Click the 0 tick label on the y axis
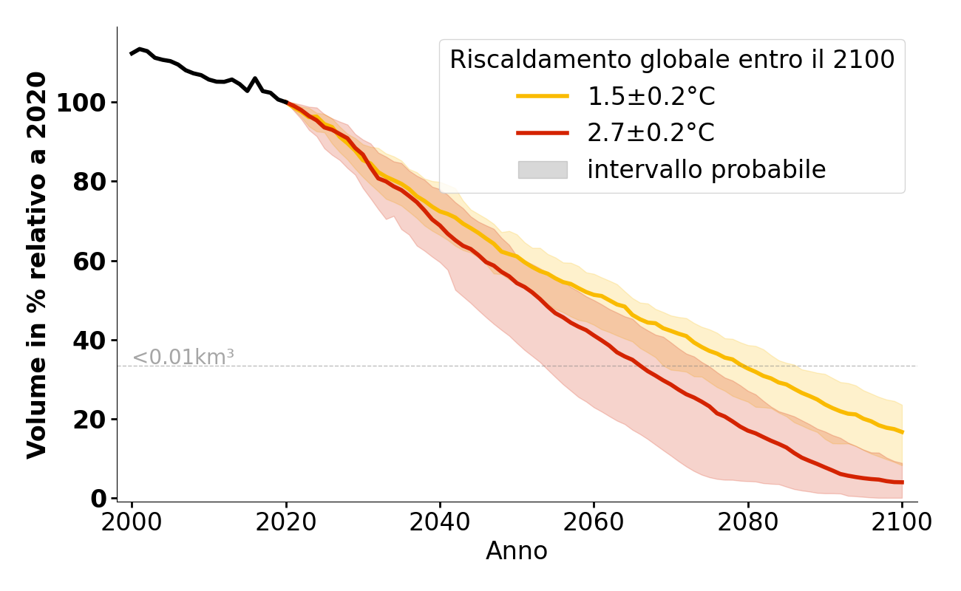tap(100, 499)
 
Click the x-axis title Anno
tap(517, 552)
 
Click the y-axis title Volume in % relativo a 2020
tap(37, 264)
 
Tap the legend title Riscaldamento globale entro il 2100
tap(672, 60)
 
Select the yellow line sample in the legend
tap(543, 97)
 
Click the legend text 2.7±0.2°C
tap(651, 133)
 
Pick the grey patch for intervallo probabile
tap(543, 170)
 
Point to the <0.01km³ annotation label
tap(183, 358)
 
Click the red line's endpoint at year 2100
tap(902, 482)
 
